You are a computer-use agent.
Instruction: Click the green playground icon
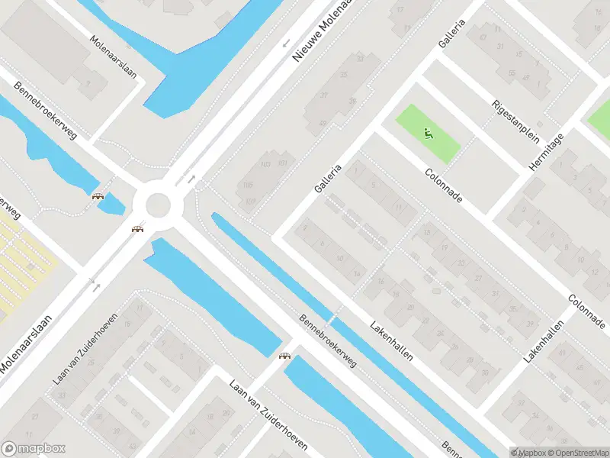click(428, 134)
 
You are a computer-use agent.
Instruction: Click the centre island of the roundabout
click(158, 205)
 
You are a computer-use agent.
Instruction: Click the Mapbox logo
click(34, 449)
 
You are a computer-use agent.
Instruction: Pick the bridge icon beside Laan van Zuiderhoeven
click(285, 356)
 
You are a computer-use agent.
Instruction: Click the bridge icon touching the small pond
click(98, 196)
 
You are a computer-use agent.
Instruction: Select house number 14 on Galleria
click(357, 273)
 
